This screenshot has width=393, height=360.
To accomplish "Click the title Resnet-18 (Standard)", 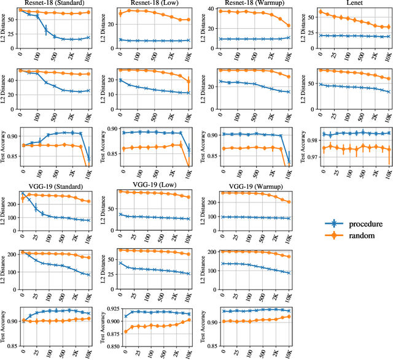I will point(55,4).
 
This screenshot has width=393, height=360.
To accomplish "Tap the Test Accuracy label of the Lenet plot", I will point(305,146).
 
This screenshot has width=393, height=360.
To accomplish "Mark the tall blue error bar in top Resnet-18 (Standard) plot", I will point(46,31).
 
